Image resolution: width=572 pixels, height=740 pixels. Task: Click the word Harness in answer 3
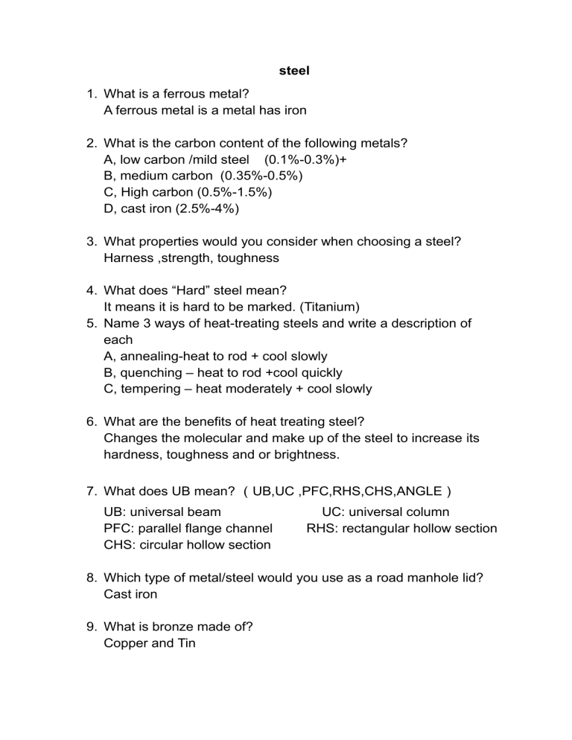click(131, 258)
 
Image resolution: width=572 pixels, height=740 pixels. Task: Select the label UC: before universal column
click(335, 511)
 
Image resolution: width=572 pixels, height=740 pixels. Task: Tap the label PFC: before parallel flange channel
click(120, 528)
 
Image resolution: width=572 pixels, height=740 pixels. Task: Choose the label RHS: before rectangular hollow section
click(323, 528)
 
